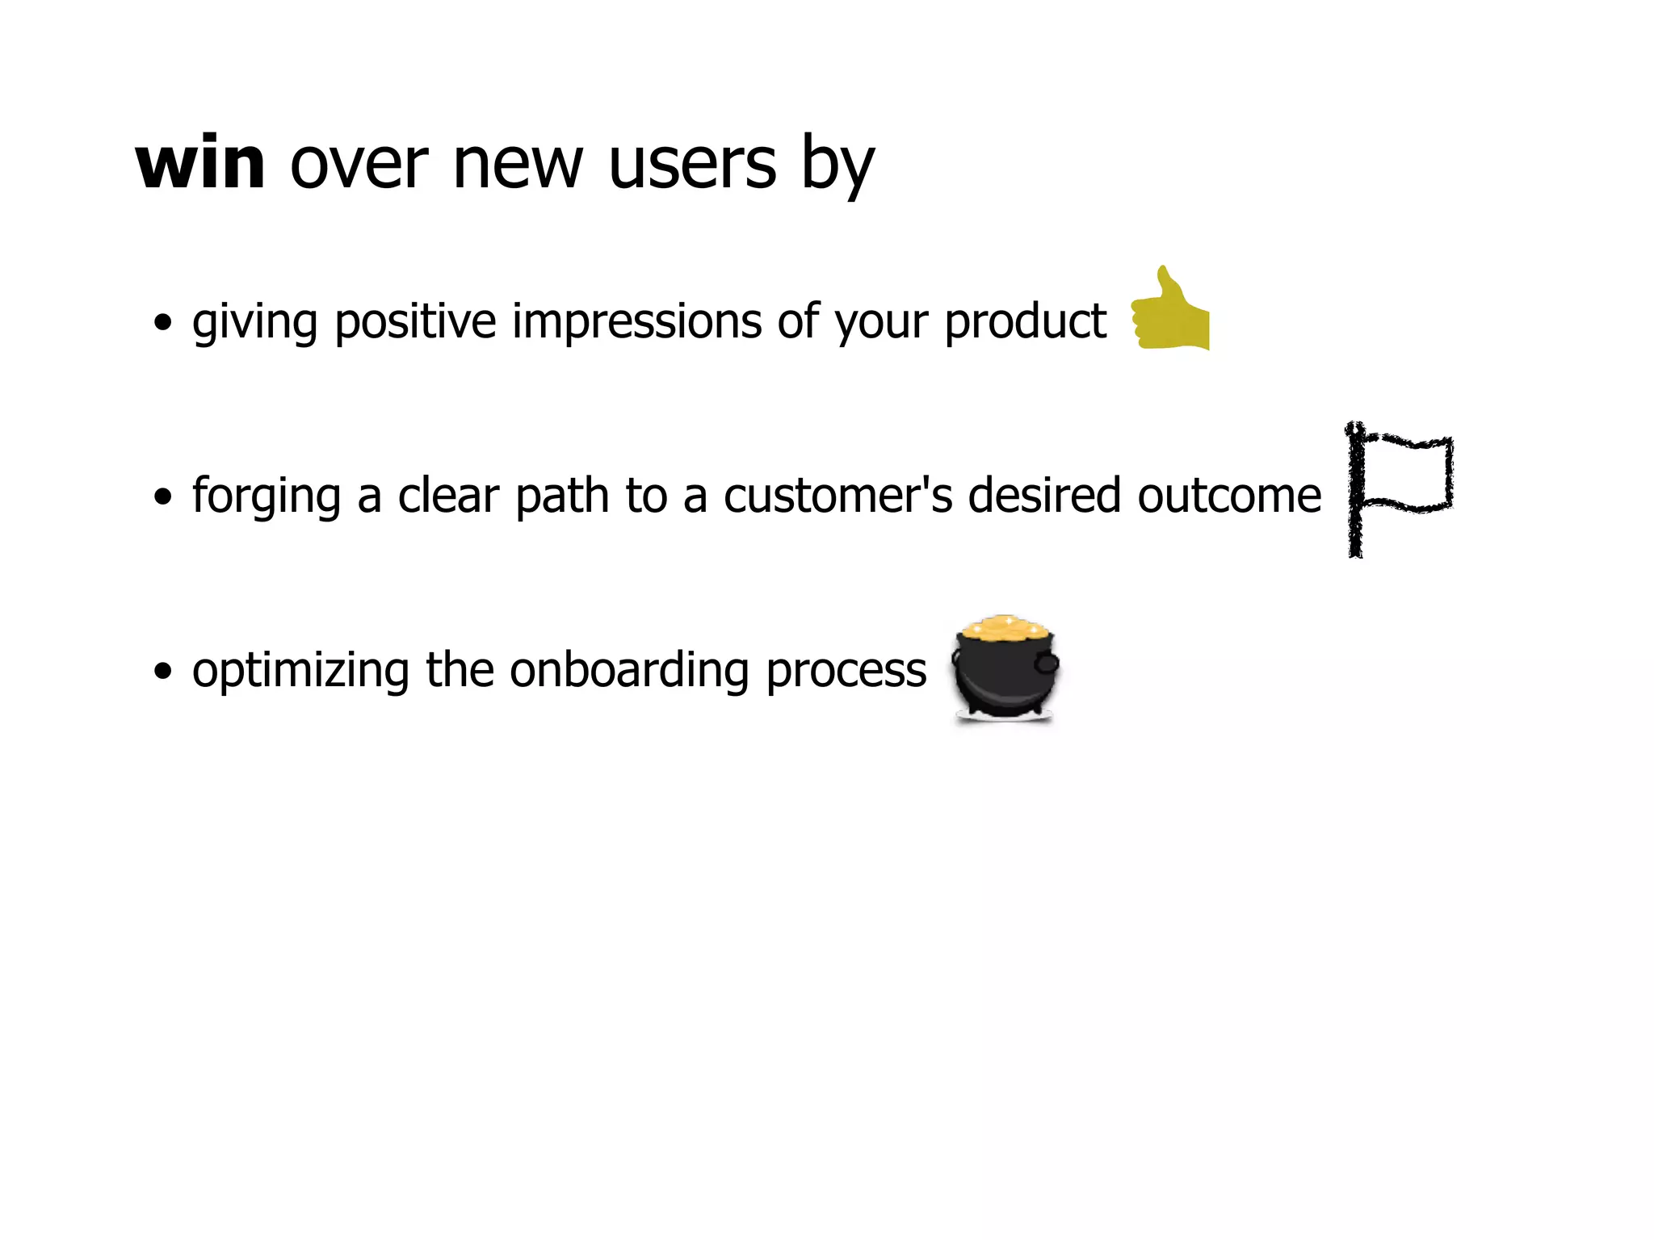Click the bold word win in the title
pos(200,164)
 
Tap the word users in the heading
pos(692,164)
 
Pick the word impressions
pos(637,322)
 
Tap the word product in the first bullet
pos(1025,322)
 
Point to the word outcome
pos(1228,496)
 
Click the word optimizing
pos(300,670)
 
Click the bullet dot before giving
pos(163,323)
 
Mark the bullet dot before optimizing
pos(163,671)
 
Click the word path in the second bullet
pos(562,496)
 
